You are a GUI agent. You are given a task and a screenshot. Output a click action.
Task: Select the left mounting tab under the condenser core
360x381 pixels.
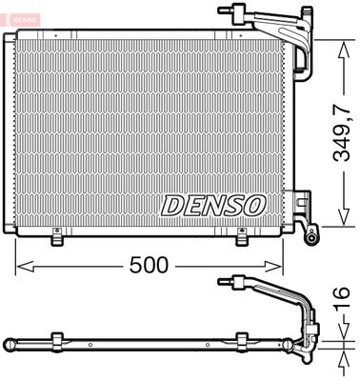(x=57, y=235)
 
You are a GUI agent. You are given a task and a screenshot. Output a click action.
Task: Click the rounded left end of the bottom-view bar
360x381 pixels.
(x=9, y=342)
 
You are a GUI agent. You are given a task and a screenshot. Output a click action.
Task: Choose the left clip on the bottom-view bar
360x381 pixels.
(x=57, y=341)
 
